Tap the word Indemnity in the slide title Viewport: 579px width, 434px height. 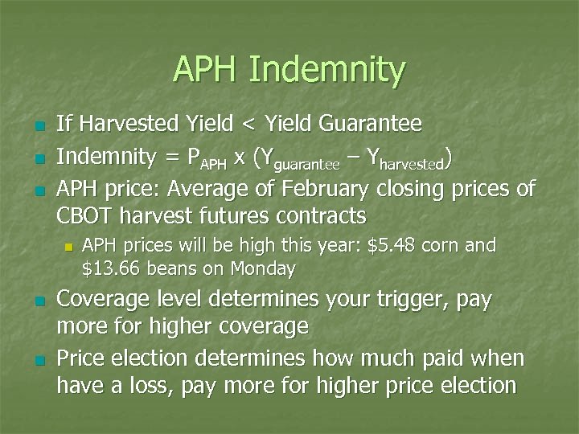click(x=327, y=70)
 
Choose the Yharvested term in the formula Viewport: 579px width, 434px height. click(x=405, y=159)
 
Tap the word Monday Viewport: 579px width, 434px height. click(x=263, y=268)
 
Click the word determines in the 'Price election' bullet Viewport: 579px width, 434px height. click(x=250, y=358)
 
